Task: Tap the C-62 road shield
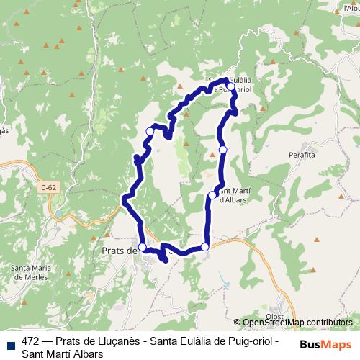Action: pyautogui.click(x=48, y=188)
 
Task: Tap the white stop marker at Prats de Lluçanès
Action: pyautogui.click(x=143, y=247)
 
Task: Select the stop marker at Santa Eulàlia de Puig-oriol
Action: pyautogui.click(x=230, y=86)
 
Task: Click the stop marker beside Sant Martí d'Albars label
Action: pyautogui.click(x=212, y=195)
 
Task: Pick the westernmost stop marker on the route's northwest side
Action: pyautogui.click(x=150, y=131)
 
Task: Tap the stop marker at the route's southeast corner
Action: pyautogui.click(x=205, y=247)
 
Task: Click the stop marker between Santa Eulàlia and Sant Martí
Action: pyautogui.click(x=223, y=149)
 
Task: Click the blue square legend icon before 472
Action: pyautogui.click(x=10, y=342)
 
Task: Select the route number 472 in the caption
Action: pyautogui.click(x=31, y=341)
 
